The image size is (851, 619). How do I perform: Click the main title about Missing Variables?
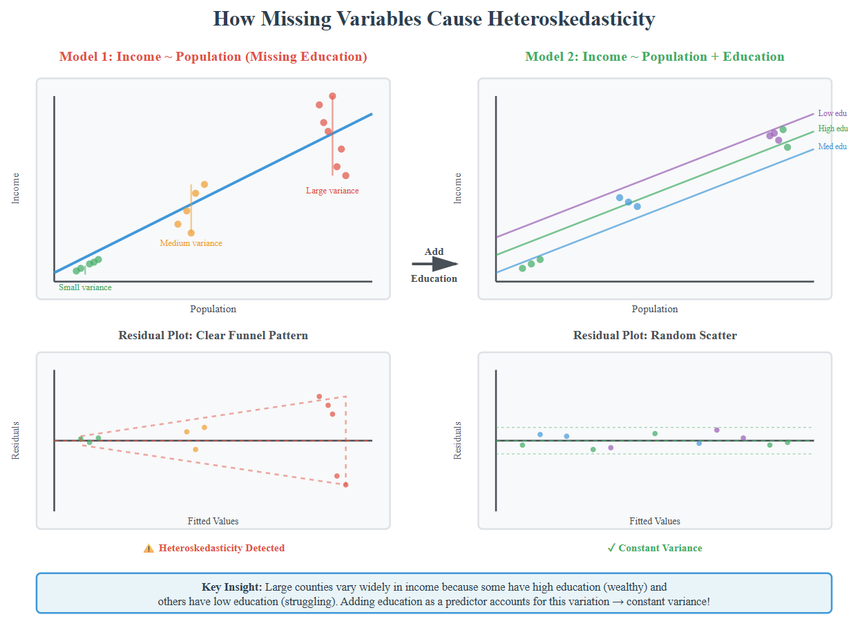[x=433, y=19]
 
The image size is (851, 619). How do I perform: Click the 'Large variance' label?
[x=332, y=191]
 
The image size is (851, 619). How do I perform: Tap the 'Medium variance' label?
[x=191, y=243]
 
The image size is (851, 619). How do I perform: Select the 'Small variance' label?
[x=85, y=287]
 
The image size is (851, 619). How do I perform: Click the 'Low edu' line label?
[x=832, y=113]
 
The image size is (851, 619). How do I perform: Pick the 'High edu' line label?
[x=832, y=128]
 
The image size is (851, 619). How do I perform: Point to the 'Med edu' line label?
[x=832, y=146]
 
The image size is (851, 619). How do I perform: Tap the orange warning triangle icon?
[x=149, y=549]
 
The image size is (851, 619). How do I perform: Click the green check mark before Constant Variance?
[x=611, y=548]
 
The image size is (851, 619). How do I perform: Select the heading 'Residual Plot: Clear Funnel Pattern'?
[x=213, y=336]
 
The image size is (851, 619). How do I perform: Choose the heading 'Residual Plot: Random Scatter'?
[x=655, y=336]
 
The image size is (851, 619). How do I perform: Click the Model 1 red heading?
[x=213, y=57]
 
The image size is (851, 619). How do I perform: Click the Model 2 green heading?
[x=655, y=57]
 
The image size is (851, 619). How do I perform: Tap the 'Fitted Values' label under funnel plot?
[x=213, y=521]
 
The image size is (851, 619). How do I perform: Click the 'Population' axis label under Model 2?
[x=655, y=309]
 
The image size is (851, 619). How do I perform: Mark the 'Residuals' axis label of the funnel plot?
[x=16, y=440]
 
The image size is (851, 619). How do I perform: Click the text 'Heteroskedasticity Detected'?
[x=221, y=549]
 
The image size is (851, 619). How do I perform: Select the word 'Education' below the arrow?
[x=434, y=279]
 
